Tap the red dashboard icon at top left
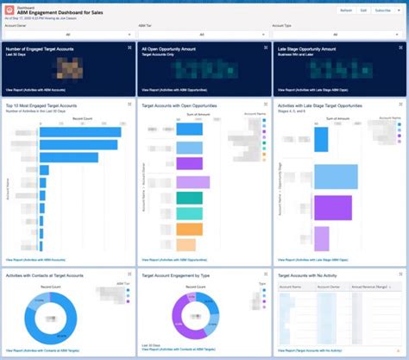pyautogui.click(x=9, y=9)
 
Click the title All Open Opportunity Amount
pyautogui.click(x=175, y=51)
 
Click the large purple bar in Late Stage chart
pyautogui.click(x=333, y=207)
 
